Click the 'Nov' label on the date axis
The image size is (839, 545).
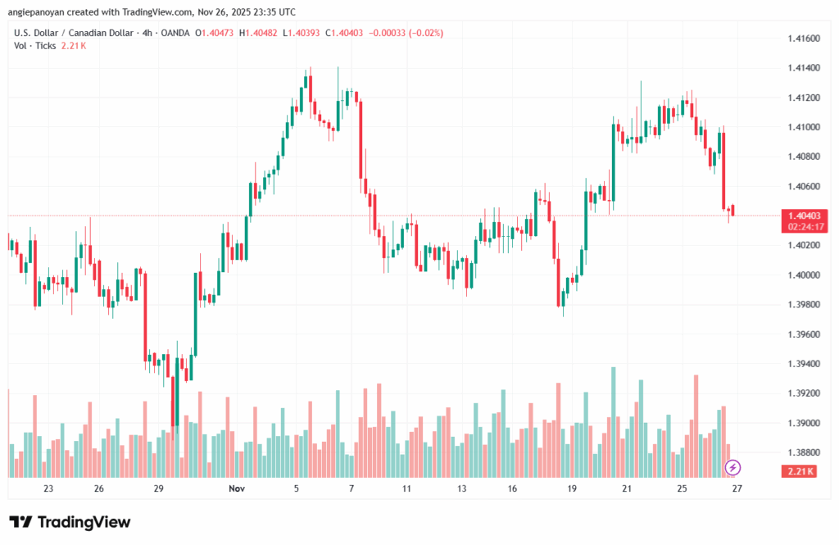[237, 488]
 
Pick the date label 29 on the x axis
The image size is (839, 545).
[159, 488]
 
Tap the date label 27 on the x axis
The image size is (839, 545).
[737, 488]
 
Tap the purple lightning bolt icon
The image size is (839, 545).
[733, 468]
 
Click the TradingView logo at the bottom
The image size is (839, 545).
[70, 522]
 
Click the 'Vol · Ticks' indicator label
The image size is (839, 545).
[34, 46]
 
